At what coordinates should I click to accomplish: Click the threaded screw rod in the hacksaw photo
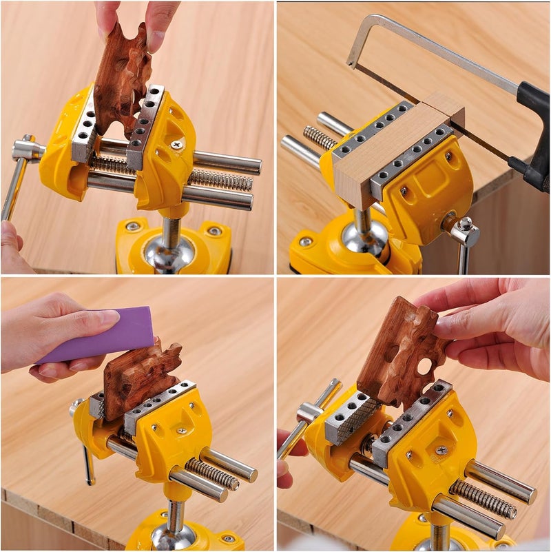tap(320, 138)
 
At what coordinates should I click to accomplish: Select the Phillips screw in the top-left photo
tap(177, 144)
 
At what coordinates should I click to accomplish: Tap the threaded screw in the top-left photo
tap(220, 181)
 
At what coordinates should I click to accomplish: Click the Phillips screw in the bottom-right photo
tap(442, 449)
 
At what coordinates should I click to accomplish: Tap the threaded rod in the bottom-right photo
tap(482, 499)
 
